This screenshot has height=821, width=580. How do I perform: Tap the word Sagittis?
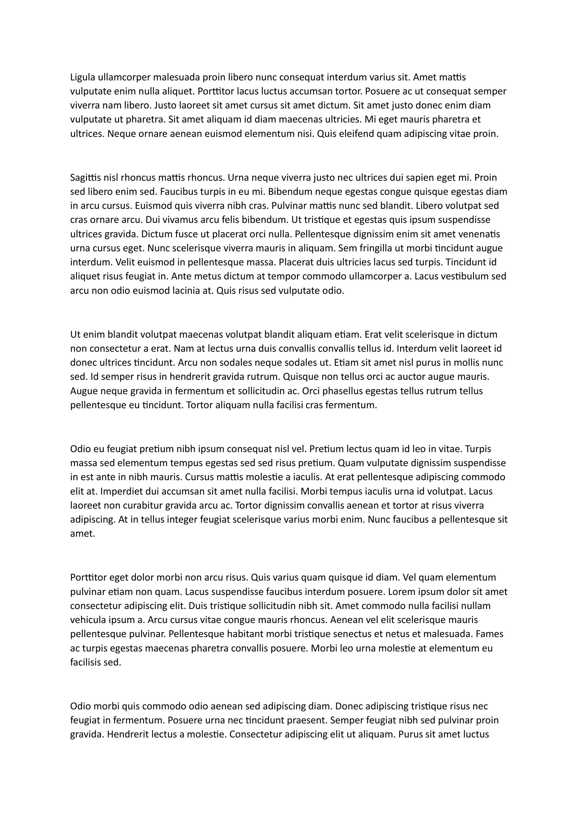click(x=83, y=178)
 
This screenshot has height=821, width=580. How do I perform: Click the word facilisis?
click(x=85, y=663)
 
